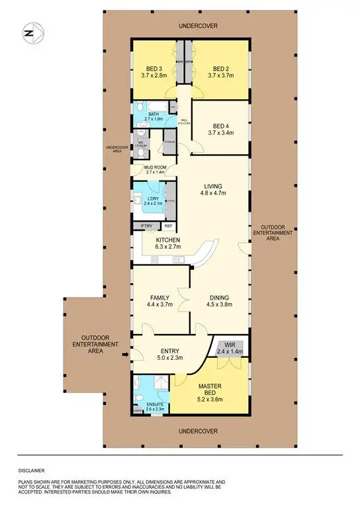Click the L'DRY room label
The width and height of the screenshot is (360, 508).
pyautogui.click(x=150, y=199)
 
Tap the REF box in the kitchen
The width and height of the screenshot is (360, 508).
pyautogui.click(x=168, y=226)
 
